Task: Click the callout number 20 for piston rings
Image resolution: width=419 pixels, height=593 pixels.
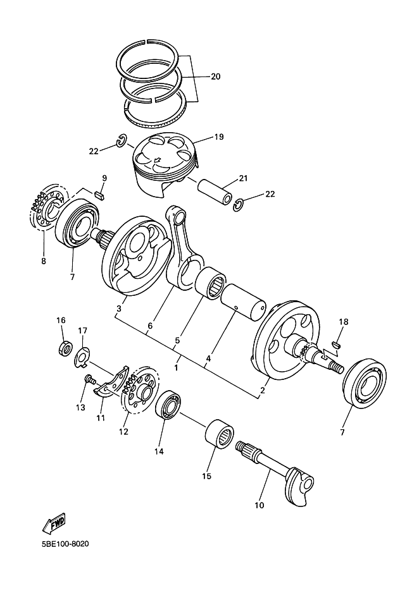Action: [x=215, y=76]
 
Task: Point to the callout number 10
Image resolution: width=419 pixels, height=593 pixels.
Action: [x=260, y=505]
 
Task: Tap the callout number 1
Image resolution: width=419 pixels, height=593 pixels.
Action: [x=177, y=366]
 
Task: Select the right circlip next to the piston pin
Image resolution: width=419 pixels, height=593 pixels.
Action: [x=239, y=204]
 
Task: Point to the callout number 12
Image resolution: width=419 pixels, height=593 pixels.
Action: [x=123, y=432]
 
